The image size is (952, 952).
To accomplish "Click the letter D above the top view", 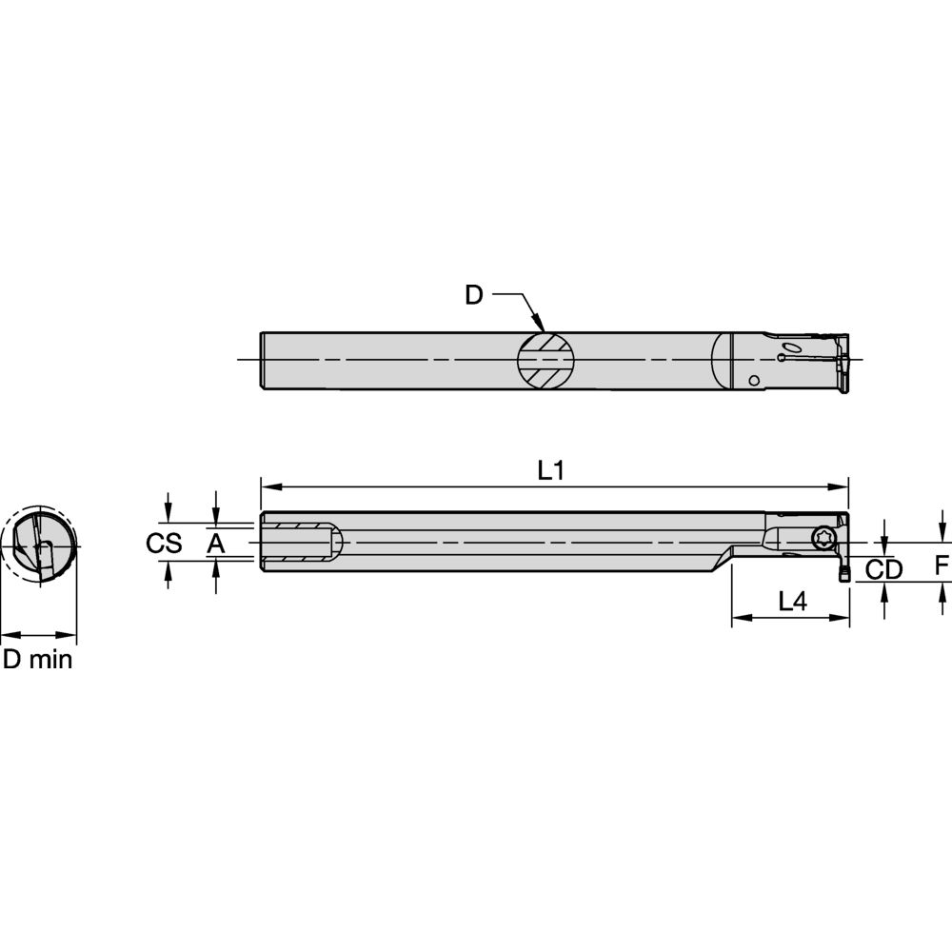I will [473, 295].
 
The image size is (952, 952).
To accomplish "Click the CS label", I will [164, 544].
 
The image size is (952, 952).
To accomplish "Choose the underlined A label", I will [216, 544].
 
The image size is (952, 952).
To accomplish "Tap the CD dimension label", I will [883, 569].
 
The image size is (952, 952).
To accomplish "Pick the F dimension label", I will [942, 566].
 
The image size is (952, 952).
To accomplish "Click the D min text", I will [38, 659].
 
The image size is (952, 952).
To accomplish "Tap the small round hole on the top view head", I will [754, 381].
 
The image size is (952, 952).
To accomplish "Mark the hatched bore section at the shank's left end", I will [297, 544].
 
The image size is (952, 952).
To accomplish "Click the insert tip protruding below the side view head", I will [843, 574].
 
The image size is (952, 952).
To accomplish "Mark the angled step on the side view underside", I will [721, 561].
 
